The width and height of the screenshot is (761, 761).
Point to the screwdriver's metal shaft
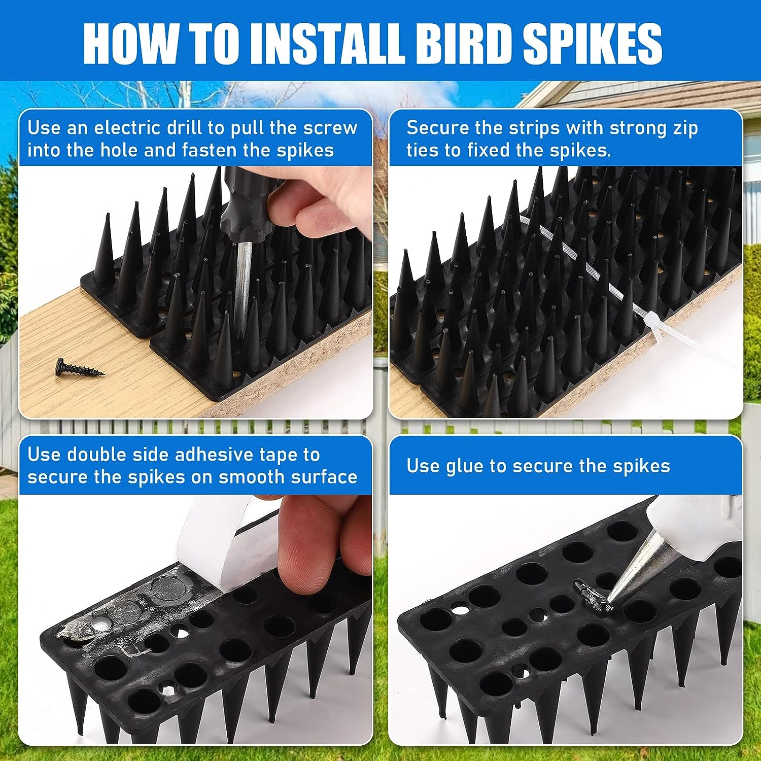243,284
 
